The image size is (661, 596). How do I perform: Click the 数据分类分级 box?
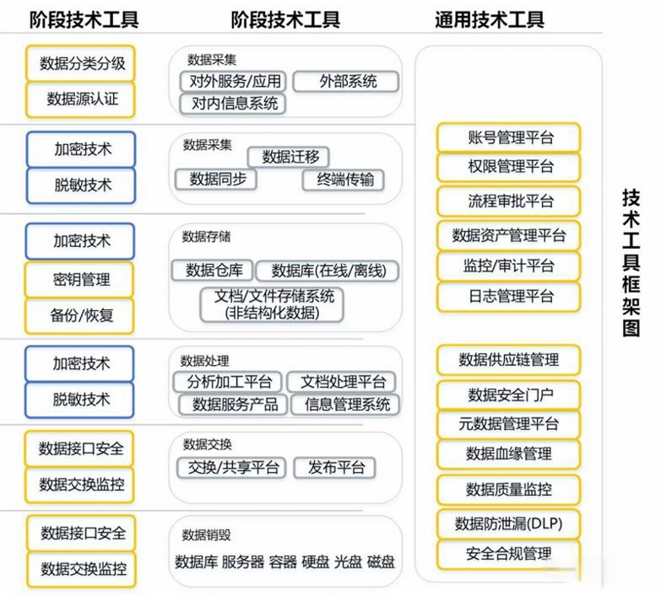80,63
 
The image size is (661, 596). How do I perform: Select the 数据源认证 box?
80,99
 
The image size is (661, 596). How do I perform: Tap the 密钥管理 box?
80,279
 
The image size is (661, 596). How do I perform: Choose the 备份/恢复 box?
80,315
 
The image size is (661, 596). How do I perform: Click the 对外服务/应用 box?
233,82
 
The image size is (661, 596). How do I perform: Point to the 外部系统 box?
347,82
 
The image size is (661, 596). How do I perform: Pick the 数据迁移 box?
289,157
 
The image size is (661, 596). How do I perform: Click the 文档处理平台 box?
343,382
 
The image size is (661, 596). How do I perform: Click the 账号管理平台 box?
510,137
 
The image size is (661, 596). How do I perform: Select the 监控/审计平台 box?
510,266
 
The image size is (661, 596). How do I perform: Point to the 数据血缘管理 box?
509,454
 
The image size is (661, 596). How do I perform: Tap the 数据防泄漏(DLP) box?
509,524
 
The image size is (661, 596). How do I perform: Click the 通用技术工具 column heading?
490,19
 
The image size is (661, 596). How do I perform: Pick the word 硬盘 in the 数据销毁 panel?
316,561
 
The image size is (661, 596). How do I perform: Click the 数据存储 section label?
206,237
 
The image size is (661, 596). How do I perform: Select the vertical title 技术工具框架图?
631,262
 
